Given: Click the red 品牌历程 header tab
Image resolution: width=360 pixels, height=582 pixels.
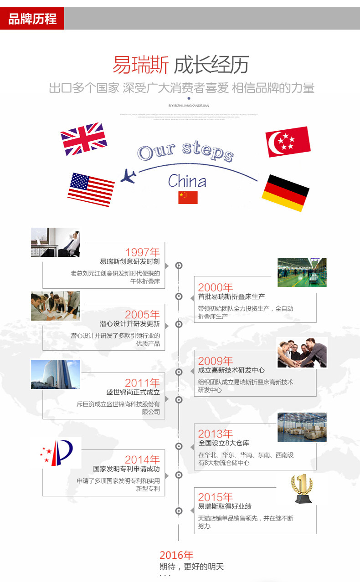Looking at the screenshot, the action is [x=32, y=19].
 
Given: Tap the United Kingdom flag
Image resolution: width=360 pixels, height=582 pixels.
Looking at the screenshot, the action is [x=84, y=138].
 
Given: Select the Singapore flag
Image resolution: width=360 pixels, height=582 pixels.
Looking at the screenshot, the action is [x=288, y=142].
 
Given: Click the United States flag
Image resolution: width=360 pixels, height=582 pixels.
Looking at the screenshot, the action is [x=91, y=189].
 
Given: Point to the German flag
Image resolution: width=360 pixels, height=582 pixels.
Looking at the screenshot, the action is [x=285, y=193].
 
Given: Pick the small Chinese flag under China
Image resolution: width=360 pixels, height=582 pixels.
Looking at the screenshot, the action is [x=188, y=197].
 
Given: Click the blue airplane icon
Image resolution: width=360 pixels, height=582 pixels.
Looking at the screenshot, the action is [x=129, y=176].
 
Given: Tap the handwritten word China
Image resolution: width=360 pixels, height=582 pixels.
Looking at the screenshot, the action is [x=187, y=181].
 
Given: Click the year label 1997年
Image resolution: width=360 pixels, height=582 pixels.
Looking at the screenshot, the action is [x=143, y=252].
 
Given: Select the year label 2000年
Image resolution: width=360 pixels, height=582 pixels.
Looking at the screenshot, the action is [x=215, y=287].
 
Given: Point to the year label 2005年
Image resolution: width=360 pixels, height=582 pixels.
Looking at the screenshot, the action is [x=142, y=315].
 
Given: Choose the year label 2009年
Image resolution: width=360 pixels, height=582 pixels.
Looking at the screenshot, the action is [x=215, y=361].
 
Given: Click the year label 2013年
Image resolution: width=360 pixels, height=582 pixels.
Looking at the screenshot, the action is [x=215, y=434].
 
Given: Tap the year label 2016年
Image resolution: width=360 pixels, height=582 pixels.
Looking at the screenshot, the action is [x=176, y=555].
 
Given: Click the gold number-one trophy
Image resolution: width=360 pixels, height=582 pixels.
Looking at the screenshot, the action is [x=302, y=489].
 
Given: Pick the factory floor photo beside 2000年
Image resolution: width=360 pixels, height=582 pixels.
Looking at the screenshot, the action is [x=302, y=272].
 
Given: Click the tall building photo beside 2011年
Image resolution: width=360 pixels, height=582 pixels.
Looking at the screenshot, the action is [x=56, y=374].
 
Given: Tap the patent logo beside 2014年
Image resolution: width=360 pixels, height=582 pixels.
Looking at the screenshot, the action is [x=56, y=452].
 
